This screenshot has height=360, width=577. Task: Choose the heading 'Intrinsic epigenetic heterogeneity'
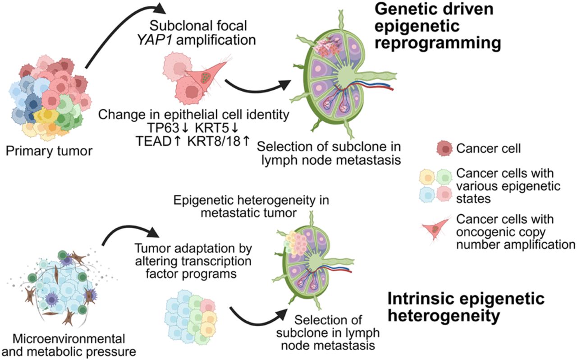[466, 307]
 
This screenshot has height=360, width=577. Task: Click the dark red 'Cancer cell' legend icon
[444, 148]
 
